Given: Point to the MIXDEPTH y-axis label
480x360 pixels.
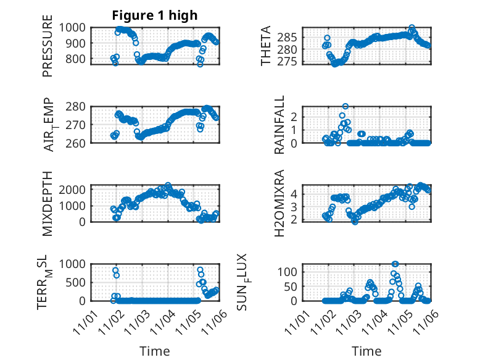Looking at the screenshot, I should (48, 203).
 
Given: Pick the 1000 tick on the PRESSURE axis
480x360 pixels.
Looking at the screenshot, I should (77, 27).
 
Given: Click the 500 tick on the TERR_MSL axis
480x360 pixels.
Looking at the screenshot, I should (80, 282).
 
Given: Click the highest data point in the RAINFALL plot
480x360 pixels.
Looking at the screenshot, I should (346, 106).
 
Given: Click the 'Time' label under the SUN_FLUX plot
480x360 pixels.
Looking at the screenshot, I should (366, 351).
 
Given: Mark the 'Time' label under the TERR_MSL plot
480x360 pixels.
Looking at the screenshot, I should (154, 351).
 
